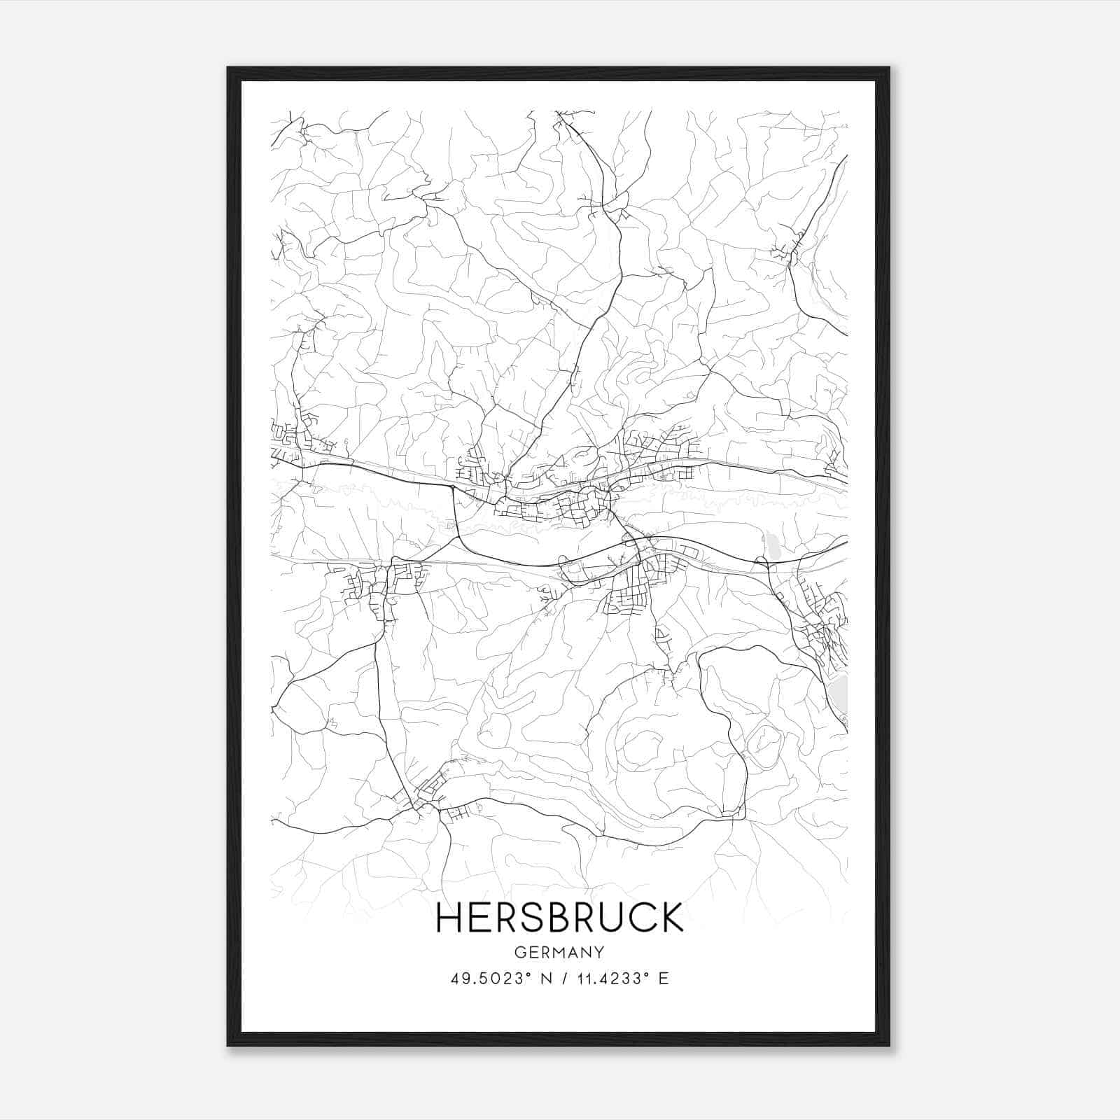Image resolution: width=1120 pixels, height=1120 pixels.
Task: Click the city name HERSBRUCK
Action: [559, 917]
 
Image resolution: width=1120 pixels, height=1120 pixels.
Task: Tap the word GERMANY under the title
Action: [559, 952]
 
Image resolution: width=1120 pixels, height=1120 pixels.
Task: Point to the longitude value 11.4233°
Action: [610, 979]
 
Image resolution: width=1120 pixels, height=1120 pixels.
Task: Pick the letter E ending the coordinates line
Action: [664, 979]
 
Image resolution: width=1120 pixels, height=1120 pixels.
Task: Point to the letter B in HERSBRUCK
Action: [558, 917]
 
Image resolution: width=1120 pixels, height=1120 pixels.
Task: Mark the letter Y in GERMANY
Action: [599, 952]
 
